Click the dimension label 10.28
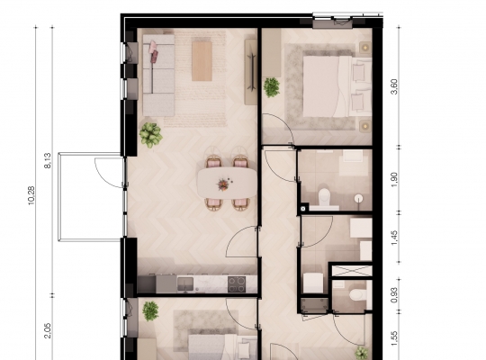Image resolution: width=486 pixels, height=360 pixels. tap(31, 195)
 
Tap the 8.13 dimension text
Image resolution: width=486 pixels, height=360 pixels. tap(48, 160)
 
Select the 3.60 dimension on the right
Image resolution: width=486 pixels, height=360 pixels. tap(394, 86)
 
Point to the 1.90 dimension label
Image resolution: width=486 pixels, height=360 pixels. tap(394, 180)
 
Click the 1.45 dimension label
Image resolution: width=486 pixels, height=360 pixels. tap(394, 238)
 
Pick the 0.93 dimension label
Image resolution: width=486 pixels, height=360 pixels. tap(394, 295)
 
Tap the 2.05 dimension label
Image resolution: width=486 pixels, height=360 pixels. tap(48, 331)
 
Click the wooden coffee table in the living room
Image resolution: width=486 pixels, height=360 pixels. tap(202, 61)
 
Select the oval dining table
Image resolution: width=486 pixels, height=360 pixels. tap(228, 183)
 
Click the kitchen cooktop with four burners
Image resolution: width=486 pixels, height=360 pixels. tap(237, 284)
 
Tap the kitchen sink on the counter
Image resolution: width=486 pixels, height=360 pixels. tap(185, 284)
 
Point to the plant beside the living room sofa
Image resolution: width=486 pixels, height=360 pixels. tap(150, 135)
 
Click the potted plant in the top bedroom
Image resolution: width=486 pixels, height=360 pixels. tap(272, 87)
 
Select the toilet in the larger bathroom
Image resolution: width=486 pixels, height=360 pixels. tap(325, 198)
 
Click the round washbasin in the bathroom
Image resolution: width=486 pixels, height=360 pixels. tap(358, 198)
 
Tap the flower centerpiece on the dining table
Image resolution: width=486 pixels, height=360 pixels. tap(223, 184)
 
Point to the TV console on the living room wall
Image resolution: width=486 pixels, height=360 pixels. tap(251, 72)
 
